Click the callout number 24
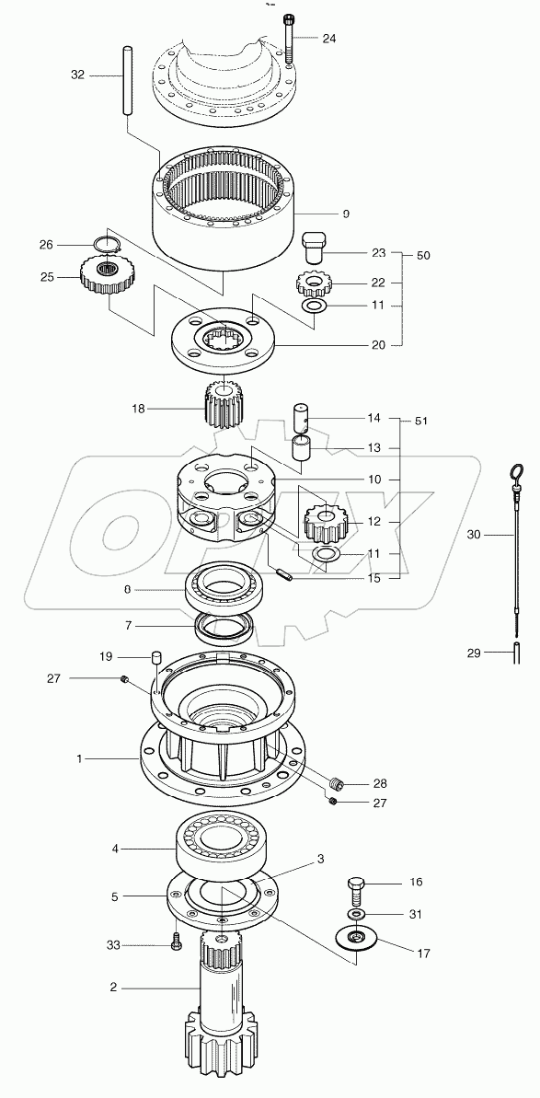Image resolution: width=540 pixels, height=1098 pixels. point(329,39)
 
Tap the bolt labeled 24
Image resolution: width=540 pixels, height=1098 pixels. point(291,37)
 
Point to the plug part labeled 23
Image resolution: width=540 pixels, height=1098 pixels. point(316,244)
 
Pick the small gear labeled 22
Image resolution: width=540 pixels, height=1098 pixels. point(314,283)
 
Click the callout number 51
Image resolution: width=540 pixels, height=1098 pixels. point(422,422)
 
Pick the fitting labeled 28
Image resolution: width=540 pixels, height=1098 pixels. point(337,784)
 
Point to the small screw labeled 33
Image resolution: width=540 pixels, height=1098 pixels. point(175,942)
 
